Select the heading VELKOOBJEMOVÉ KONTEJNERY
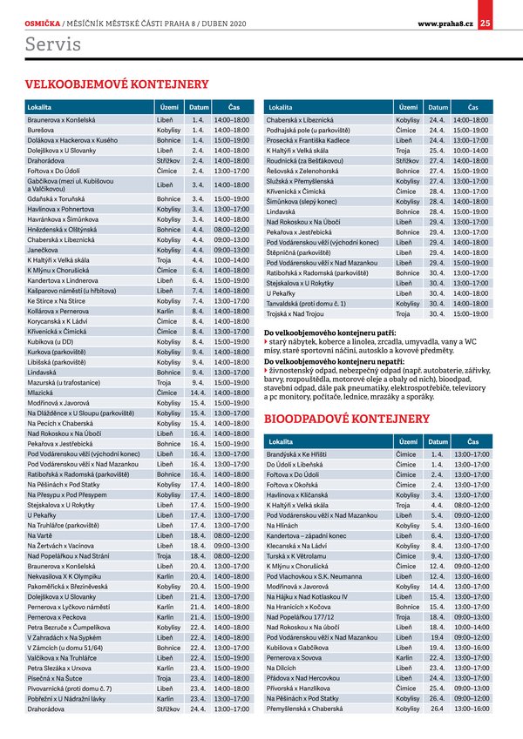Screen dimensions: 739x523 (118, 84)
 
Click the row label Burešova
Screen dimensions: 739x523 (42, 129)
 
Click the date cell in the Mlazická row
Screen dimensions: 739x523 (196, 393)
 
